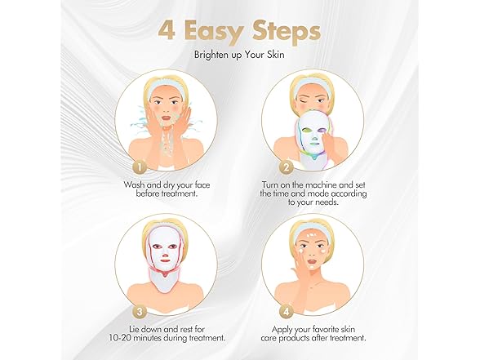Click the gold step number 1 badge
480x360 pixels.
coord(140,167)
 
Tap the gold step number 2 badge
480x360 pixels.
coord(287,167)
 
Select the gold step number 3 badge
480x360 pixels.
coord(140,312)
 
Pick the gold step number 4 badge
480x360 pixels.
coord(287,312)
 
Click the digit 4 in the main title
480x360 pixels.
coord(167,30)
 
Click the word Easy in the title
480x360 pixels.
coord(215,33)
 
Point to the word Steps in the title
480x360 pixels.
coord(287,33)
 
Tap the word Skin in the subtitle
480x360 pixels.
coord(277,55)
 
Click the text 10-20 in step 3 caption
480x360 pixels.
coord(120,338)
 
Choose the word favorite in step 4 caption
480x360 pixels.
coord(325,330)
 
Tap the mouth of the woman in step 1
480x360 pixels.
coord(166,118)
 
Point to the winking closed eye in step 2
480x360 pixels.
coord(304,101)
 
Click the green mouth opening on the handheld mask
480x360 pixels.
coord(313,142)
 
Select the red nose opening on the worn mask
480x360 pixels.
coord(165,255)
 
